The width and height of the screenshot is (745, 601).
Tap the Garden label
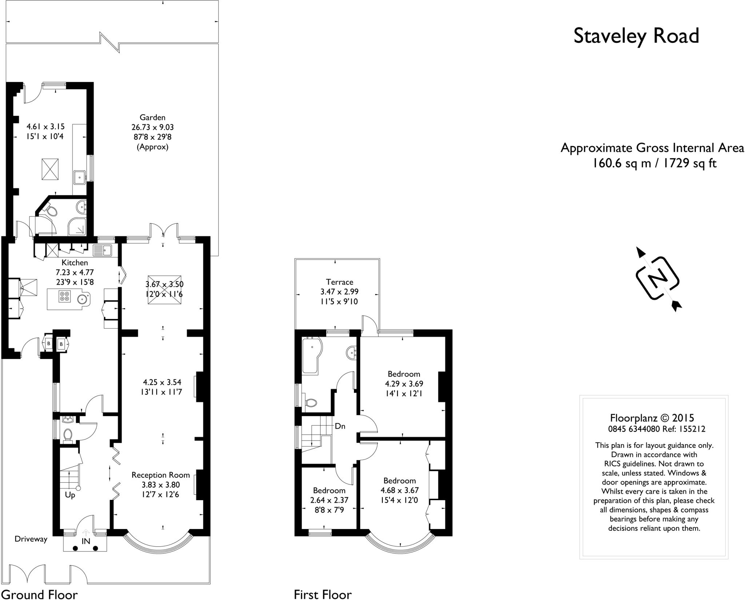[152, 118]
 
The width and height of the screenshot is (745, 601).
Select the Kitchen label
[75, 263]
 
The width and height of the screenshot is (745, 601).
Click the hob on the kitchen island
[65, 297]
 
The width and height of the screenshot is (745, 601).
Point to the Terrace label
[339, 282]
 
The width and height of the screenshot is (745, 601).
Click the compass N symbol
[658, 279]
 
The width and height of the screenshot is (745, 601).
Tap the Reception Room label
[161, 475]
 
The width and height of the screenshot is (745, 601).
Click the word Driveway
[31, 539]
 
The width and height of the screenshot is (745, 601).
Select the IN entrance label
[86, 541]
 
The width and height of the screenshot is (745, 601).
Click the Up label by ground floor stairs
[70, 495]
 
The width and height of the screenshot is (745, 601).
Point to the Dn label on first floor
[340, 426]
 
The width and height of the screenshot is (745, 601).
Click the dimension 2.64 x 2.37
[329, 500]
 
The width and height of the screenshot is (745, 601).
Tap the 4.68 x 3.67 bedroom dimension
[399, 490]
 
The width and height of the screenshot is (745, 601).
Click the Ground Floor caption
[39, 594]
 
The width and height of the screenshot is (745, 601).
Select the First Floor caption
[323, 594]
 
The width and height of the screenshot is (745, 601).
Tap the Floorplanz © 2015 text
[652, 418]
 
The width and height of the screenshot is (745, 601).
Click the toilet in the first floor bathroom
[311, 403]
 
